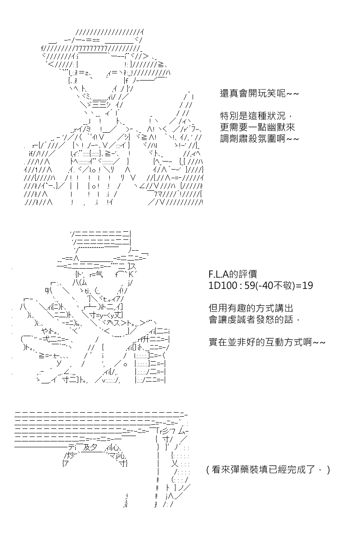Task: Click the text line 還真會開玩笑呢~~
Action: tap(259, 93)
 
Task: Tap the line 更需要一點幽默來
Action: tap(257, 127)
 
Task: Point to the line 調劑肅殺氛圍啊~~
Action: tap(259, 139)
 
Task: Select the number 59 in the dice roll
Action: tap(250, 285)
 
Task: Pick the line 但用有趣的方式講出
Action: tap(251, 308)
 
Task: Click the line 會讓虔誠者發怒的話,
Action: tap(254, 319)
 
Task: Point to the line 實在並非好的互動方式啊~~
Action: tap(267, 342)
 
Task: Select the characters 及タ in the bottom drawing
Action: tap(90, 448)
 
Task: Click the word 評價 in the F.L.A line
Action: tap(248, 274)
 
